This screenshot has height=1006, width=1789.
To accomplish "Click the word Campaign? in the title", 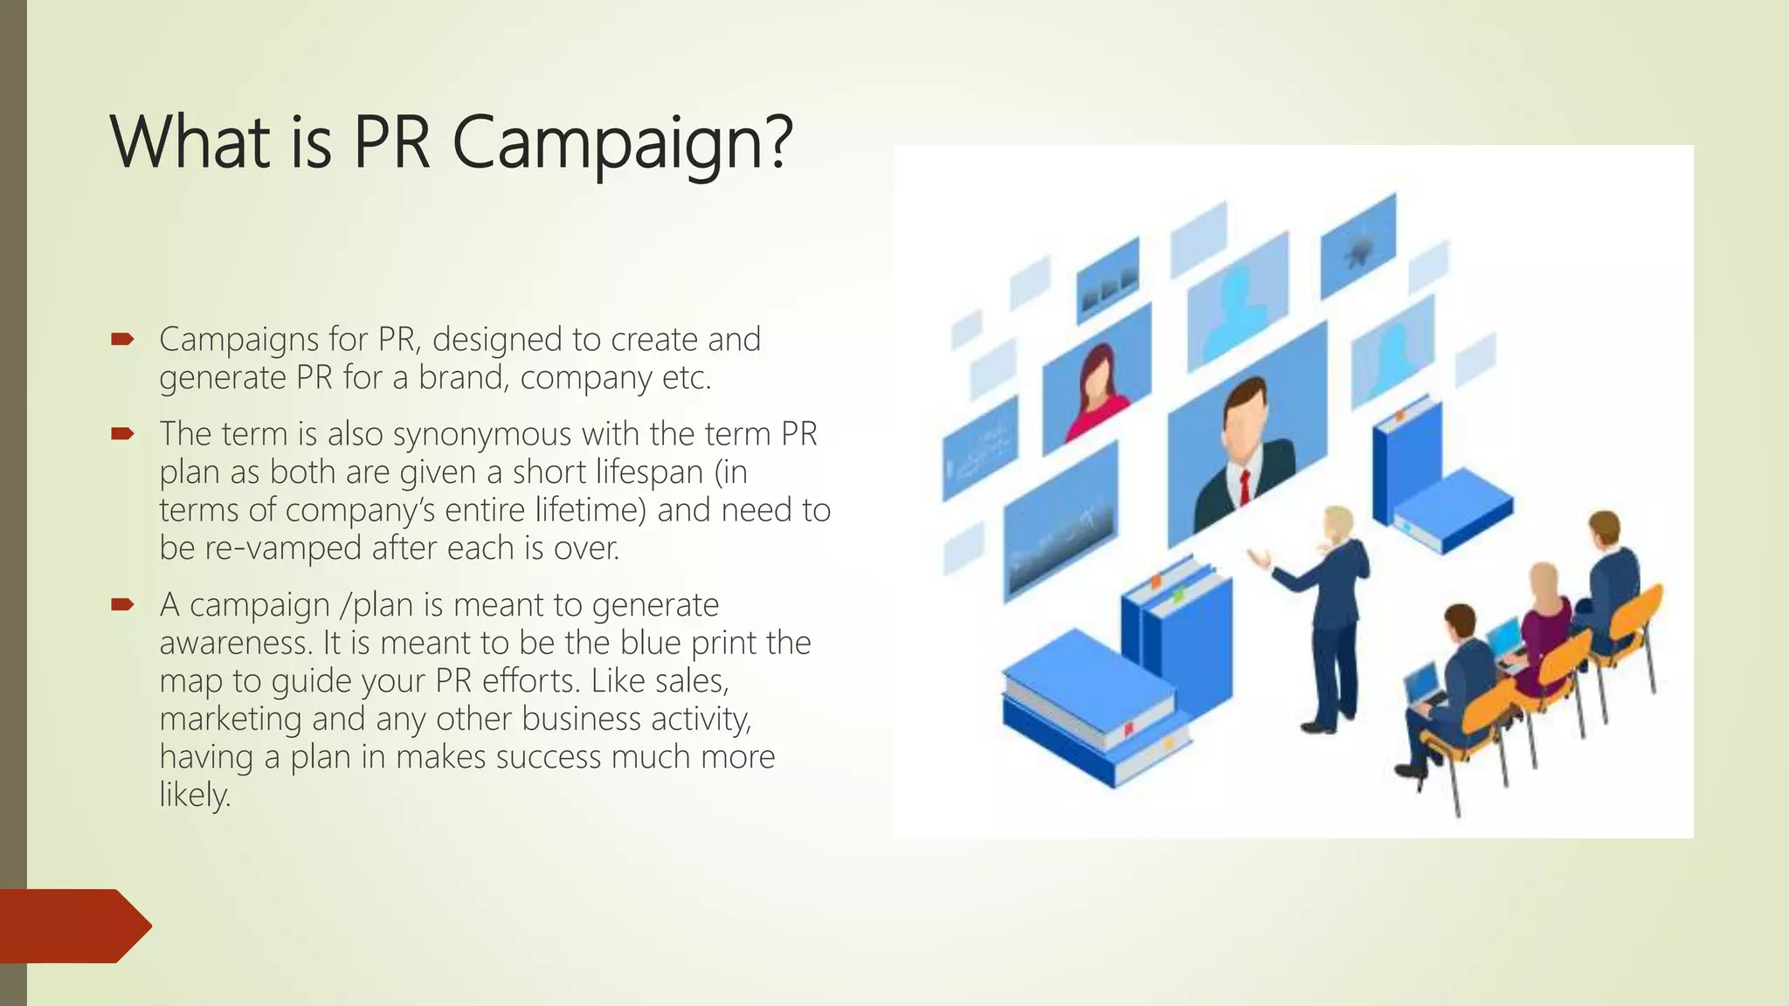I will pyautogui.click(x=622, y=142).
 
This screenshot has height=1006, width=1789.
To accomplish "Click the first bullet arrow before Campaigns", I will pyautogui.click(x=121, y=339).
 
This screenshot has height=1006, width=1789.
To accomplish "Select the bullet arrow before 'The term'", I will pyautogui.click(x=121, y=433).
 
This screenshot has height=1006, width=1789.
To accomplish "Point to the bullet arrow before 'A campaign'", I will pyautogui.click(x=121, y=604).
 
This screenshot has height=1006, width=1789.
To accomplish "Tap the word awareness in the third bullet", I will pyautogui.click(x=235, y=643).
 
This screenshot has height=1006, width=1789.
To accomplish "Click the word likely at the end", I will pyautogui.click(x=194, y=795).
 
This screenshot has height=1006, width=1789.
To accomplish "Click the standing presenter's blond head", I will pyautogui.click(x=1337, y=523).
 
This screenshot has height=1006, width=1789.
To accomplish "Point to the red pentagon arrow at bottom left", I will pyautogui.click(x=73, y=926).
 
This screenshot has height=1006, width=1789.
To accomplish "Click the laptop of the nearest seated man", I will pyautogui.click(x=1423, y=684).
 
